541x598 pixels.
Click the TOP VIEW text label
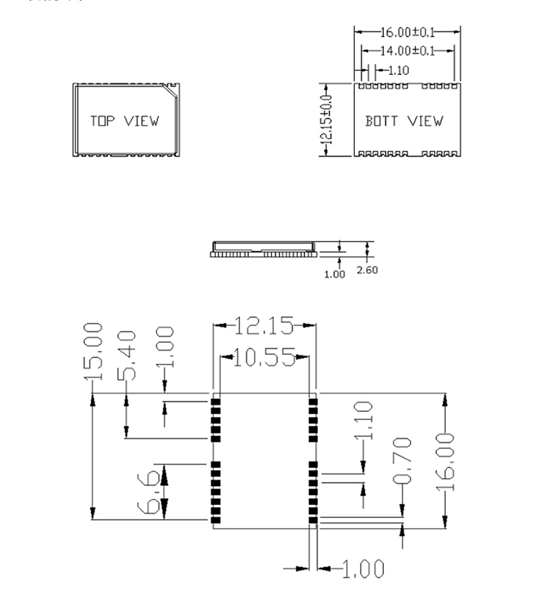tap(124, 120)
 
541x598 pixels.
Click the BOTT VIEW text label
tap(404, 121)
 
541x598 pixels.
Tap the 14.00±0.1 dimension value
tap(408, 50)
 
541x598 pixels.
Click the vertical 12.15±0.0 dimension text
tap(326, 119)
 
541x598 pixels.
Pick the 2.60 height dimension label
tap(367, 271)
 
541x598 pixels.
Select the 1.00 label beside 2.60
tap(335, 273)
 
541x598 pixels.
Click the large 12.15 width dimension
tap(264, 326)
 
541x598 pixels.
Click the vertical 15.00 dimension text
tap(94, 351)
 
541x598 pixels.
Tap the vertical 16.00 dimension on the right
tap(447, 461)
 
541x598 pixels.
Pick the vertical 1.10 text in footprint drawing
tap(365, 421)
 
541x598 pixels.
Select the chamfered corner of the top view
tap(172, 90)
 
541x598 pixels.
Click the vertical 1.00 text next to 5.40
tap(165, 347)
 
